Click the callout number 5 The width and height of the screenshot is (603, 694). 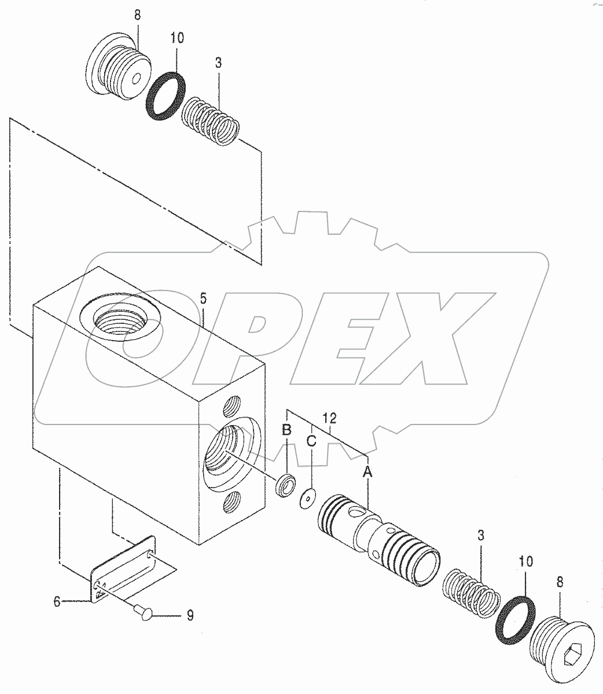coord(203,299)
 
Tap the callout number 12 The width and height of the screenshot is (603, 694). coord(329,419)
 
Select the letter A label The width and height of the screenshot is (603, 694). coord(367,471)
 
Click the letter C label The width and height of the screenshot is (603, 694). coord(311,441)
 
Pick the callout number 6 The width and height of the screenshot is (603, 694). coord(57,602)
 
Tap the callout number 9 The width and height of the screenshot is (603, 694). coord(190,615)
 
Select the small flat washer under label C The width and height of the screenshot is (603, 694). coord(307,499)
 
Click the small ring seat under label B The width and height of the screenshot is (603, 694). coord(285,486)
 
